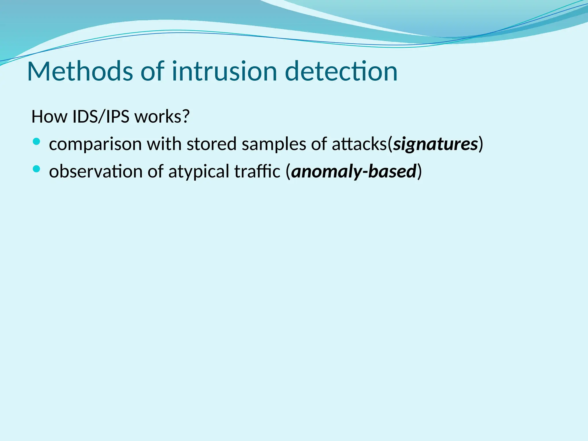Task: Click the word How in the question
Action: (x=49, y=117)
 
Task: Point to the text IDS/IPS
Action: (x=101, y=117)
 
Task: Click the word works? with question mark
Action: (x=162, y=117)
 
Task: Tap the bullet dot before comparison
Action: (x=36, y=141)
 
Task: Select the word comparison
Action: (x=95, y=144)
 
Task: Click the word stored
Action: (x=212, y=144)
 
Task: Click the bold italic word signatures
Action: (x=435, y=144)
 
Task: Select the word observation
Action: (x=96, y=171)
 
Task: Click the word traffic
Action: (x=257, y=171)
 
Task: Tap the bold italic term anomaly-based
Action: (x=354, y=171)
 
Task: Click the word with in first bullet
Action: (x=164, y=144)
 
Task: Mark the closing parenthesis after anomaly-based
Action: (x=419, y=171)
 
